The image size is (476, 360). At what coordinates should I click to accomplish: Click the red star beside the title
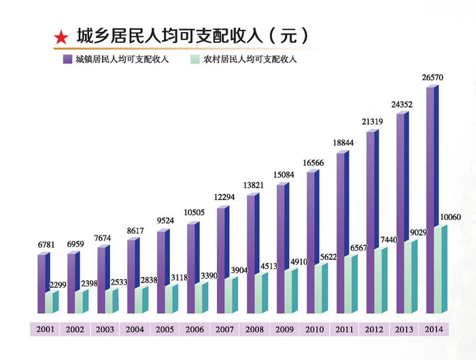61,37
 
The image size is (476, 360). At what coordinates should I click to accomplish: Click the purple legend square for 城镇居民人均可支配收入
67,60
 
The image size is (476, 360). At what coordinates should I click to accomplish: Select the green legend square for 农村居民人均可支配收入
196,60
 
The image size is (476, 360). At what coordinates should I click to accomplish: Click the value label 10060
449,218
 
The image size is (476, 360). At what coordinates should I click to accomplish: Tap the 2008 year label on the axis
254,329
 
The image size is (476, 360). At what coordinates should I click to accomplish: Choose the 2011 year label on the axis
343,329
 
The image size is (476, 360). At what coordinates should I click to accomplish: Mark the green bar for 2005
170,299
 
